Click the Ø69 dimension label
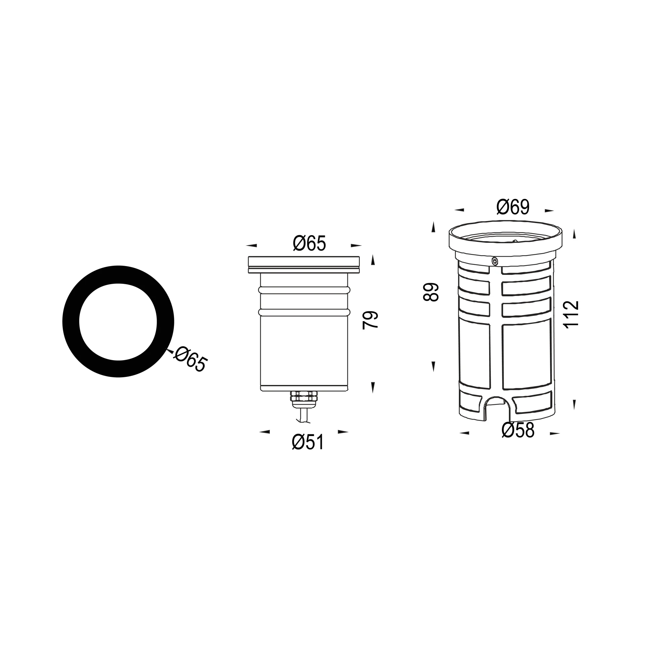point(513,207)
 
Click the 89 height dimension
point(432,292)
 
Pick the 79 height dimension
point(371,320)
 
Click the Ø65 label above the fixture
point(309,243)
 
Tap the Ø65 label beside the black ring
point(190,358)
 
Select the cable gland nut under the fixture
point(304,396)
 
